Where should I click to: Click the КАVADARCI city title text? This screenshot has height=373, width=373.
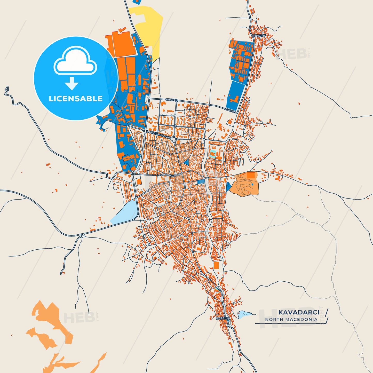[298, 312]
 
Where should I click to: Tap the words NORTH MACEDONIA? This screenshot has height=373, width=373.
[291, 320]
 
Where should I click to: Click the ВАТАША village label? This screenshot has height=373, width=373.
[223, 319]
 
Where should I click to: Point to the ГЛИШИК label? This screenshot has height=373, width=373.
[259, 36]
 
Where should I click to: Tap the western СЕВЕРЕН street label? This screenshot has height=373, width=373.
[171, 100]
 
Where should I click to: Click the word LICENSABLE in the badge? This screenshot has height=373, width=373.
[76, 99]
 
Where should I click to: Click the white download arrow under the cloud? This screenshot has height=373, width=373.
[72, 83]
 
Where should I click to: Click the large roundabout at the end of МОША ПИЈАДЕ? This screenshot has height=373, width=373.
[174, 140]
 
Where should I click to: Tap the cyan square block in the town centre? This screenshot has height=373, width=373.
[213, 154]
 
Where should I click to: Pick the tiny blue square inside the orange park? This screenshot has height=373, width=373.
[252, 184]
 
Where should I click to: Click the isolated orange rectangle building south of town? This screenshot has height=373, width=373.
[216, 265]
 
